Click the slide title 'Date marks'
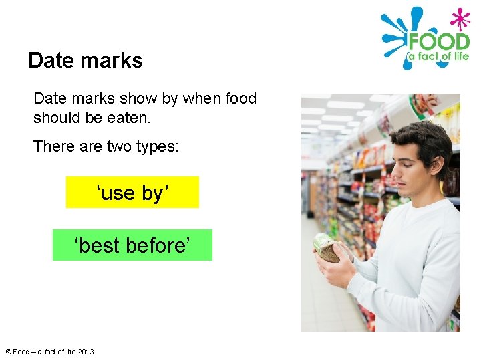(86, 61)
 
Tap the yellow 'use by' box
(132, 193)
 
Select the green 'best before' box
(132, 245)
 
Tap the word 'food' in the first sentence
(240, 98)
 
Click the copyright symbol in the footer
(8, 352)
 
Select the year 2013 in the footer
(86, 352)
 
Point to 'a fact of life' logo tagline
(438, 57)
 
